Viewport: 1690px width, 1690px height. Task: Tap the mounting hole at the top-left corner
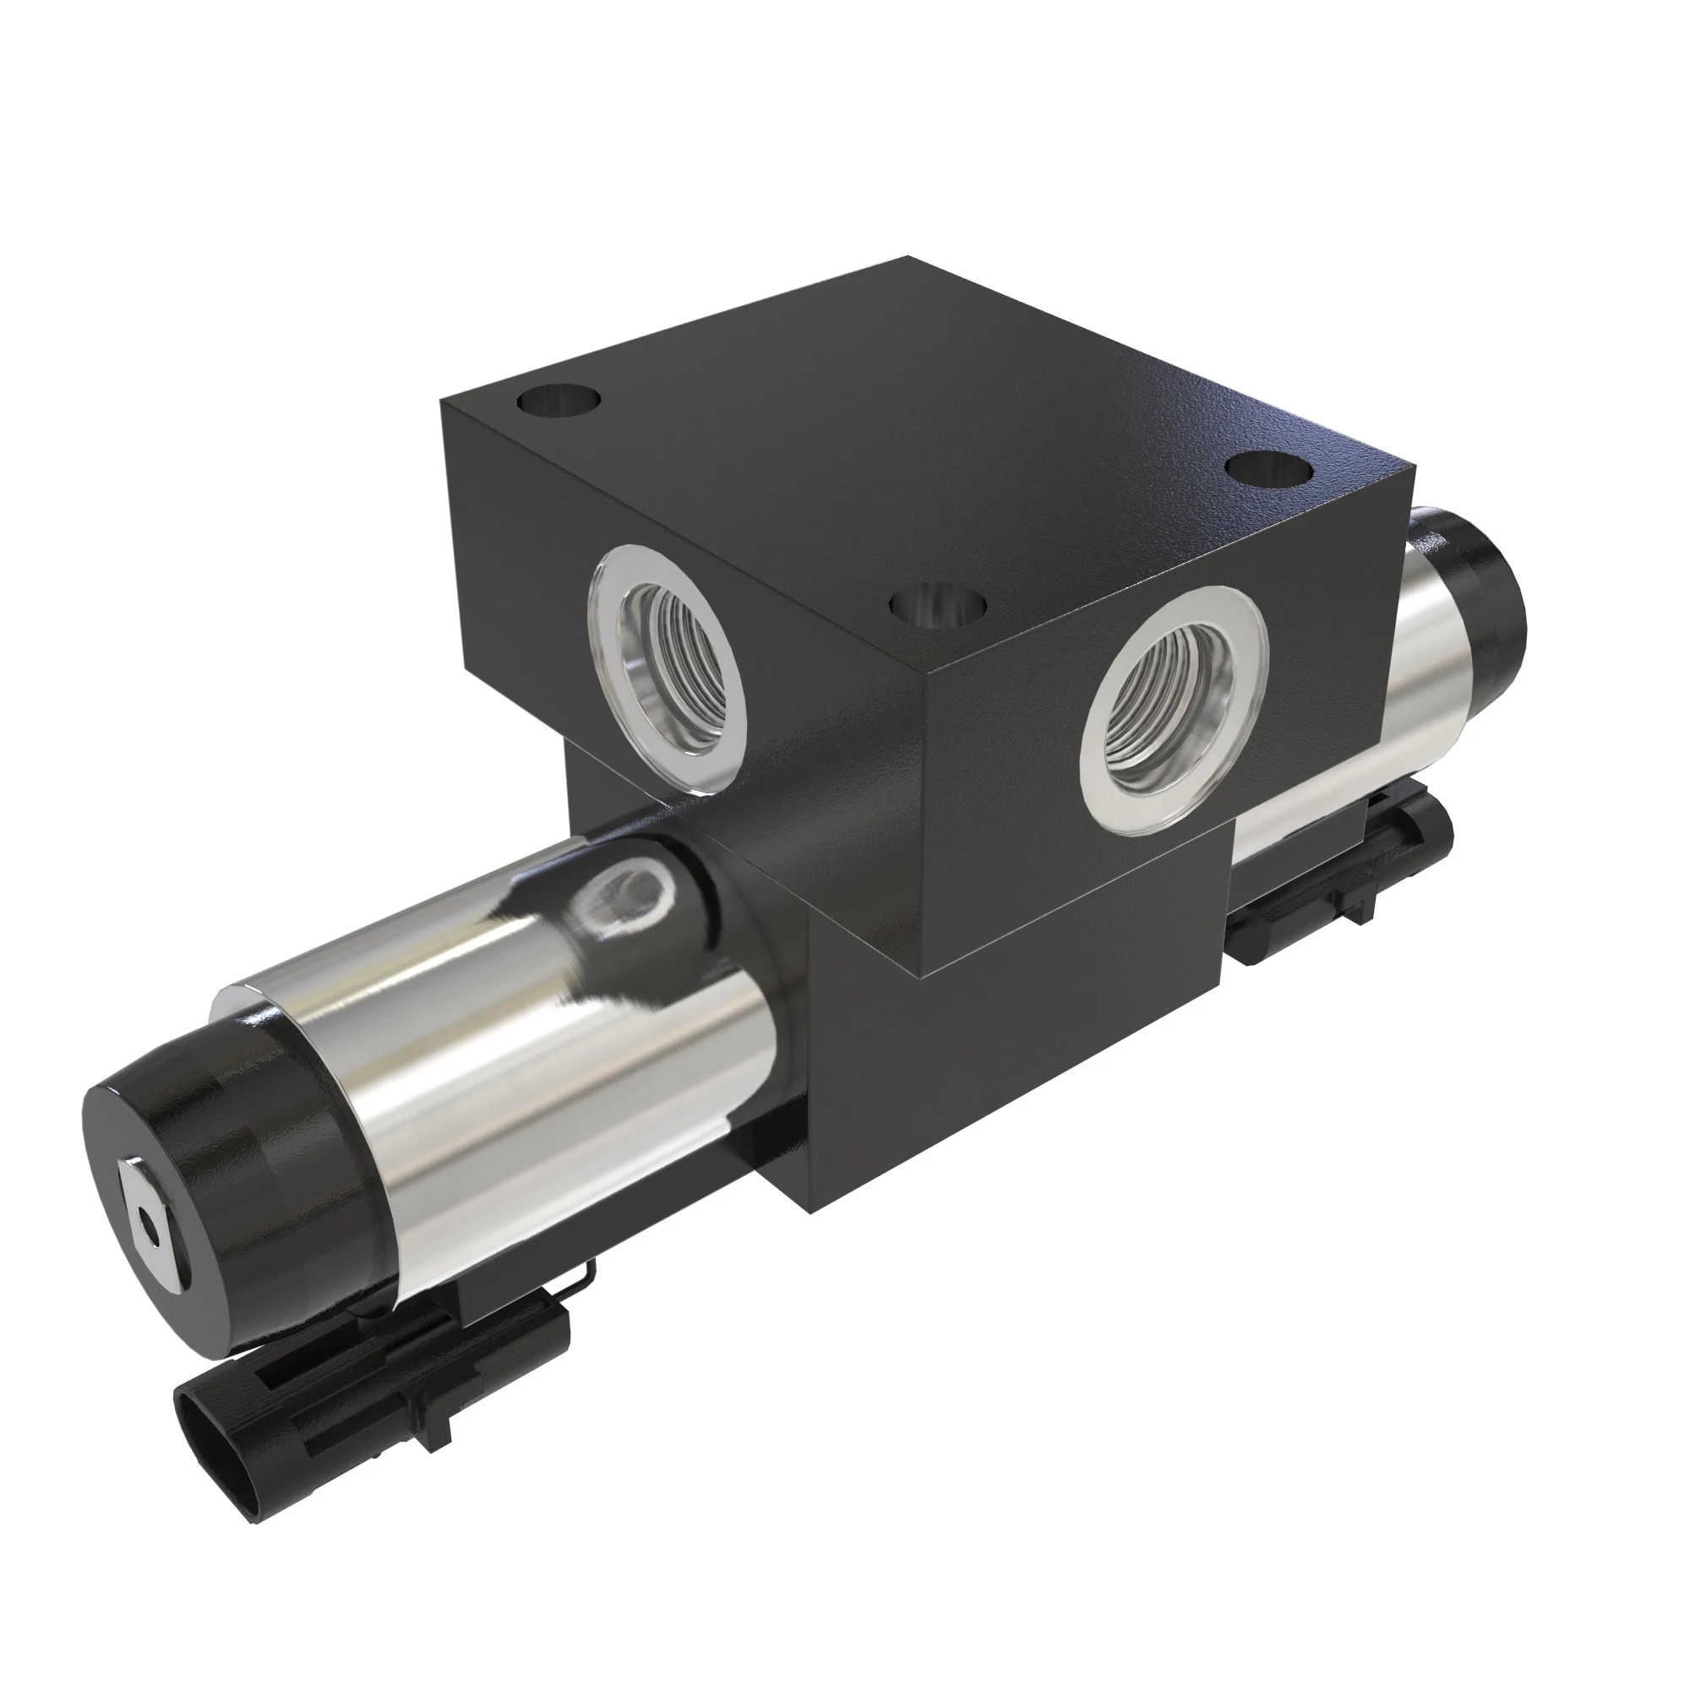tap(560, 403)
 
